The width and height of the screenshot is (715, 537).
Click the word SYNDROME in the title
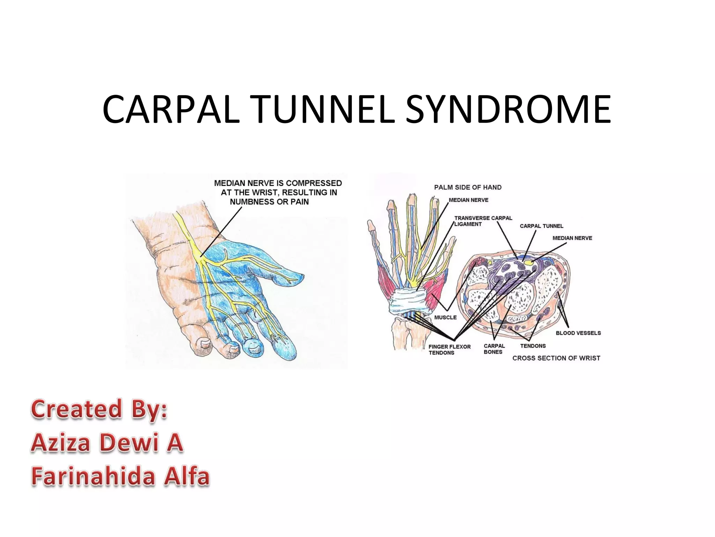point(508,109)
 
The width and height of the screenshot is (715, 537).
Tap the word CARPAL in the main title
point(171,109)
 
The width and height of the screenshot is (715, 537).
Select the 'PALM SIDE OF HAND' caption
point(467,187)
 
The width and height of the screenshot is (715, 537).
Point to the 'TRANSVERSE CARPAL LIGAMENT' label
point(483,221)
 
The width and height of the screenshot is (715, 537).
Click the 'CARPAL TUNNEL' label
point(541,226)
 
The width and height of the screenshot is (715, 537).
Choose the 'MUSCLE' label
point(445,317)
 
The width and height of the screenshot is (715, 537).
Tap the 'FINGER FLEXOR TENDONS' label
point(449,350)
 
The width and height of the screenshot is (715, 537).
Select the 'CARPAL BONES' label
point(494,349)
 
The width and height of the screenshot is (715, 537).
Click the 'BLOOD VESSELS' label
point(578,333)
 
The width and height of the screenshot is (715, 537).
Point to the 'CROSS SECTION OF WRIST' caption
point(556,358)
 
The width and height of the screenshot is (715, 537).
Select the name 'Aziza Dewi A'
point(107,443)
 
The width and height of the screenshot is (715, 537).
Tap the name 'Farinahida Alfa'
point(120,476)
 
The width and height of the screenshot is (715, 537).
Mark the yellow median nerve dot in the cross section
point(530,262)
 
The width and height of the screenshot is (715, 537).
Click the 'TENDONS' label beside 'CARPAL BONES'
point(533,346)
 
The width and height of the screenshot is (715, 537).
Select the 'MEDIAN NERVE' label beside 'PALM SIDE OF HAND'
point(469,200)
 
